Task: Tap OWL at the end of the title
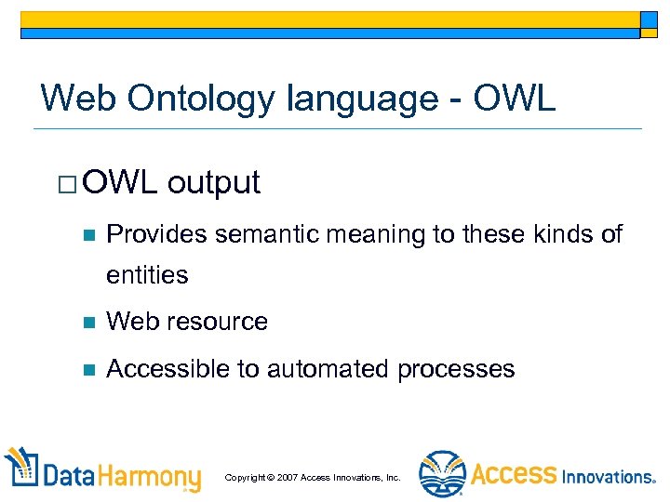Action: pos(515,97)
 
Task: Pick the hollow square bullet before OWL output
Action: pos(65,183)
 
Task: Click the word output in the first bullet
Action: pos(214,183)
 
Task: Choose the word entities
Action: pos(147,275)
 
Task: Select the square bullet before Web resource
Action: pos(88,323)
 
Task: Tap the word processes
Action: pos(456,369)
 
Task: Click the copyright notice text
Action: pos(313,477)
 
